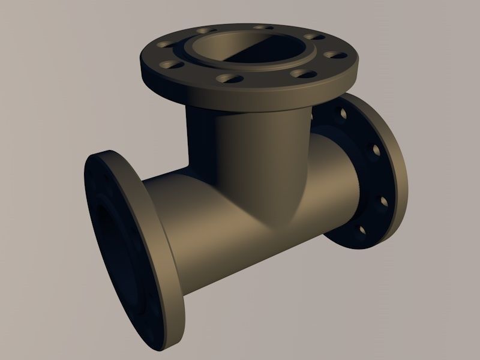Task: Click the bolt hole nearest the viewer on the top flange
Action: pos(230,78)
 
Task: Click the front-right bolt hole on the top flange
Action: pos(305,74)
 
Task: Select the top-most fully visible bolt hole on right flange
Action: pos(342,112)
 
